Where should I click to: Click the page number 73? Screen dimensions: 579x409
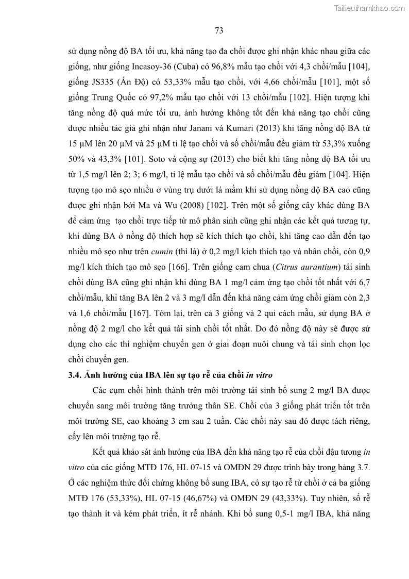(218, 30)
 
